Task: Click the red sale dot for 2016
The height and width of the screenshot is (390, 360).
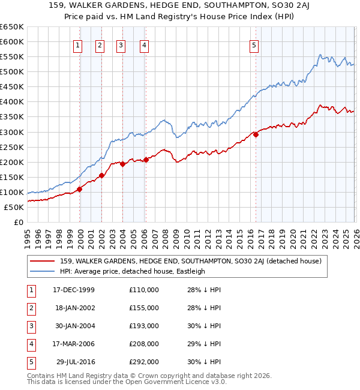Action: (256, 134)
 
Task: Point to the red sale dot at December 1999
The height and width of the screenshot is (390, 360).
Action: (80, 189)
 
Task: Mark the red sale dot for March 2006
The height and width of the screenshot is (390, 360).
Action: (146, 160)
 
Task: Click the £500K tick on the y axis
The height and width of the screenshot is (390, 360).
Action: (11, 71)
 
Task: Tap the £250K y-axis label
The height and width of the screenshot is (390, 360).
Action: (11, 147)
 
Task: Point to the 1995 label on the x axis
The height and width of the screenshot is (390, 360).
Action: (28, 234)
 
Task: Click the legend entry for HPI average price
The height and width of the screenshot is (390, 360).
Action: (133, 271)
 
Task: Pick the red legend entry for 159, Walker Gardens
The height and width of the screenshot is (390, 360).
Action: (191, 261)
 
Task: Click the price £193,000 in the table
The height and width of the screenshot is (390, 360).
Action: (144, 326)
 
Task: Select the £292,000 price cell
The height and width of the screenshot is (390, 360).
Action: (144, 362)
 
